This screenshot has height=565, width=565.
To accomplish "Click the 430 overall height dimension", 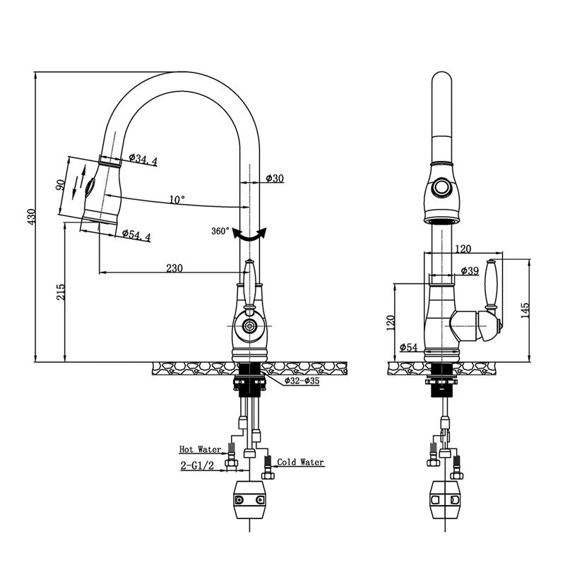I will pos(30,217).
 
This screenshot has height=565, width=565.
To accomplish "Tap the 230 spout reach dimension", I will pos(174,268).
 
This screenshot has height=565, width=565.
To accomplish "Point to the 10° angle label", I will pos(177,200).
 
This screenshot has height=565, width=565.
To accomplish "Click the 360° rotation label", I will pos(220,231).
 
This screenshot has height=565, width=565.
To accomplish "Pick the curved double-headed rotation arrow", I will pos(251,236).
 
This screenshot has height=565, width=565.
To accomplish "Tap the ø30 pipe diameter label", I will pos(275,179).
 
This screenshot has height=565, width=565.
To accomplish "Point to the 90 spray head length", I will pos(61,185).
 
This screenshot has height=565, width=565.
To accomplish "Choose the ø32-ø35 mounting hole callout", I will pos(302,381).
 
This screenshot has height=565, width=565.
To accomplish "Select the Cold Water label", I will pos(300,463).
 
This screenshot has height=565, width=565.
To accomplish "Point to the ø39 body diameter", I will pos(470,271).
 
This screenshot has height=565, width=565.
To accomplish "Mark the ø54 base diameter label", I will pos(409,347).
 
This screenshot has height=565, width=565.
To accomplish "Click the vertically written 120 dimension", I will pos(391,322).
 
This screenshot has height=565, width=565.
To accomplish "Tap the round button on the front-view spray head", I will pos(442,188).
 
